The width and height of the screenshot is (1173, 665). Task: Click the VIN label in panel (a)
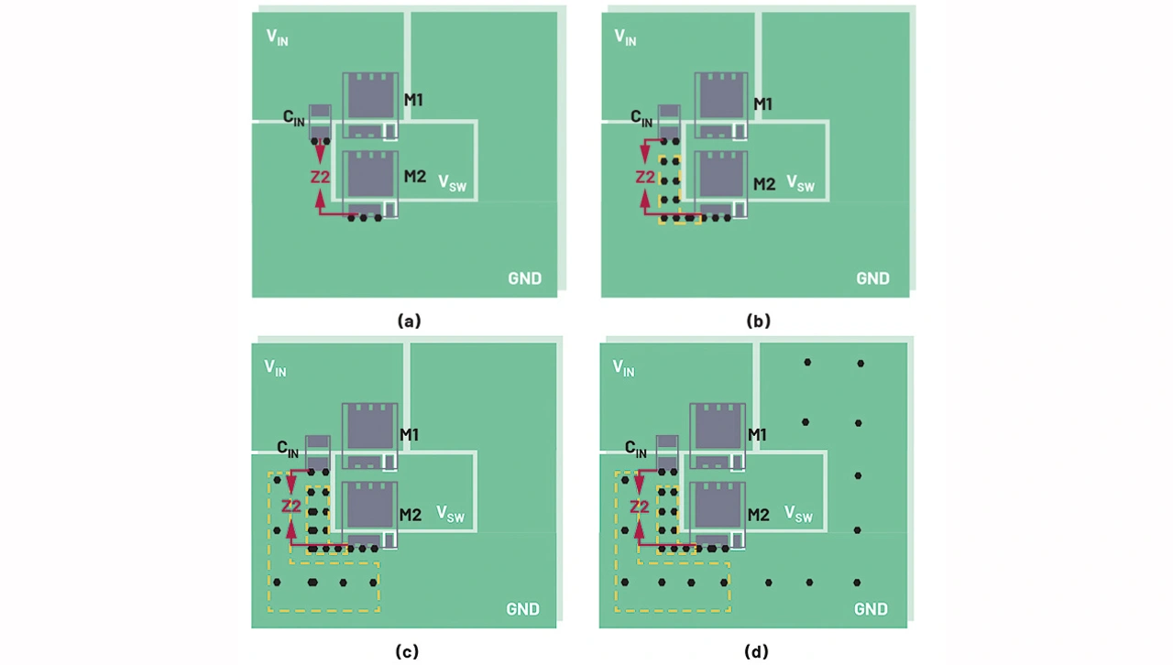[x=277, y=38]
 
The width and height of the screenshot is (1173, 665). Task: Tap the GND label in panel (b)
[x=872, y=278]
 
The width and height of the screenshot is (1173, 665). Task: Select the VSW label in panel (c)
[x=450, y=514]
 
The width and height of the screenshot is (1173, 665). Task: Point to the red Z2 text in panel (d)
[x=639, y=507]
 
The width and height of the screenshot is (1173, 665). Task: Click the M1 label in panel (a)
[x=413, y=100]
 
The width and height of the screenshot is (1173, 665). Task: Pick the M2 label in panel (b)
[x=764, y=184]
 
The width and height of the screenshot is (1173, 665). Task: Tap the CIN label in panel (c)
[x=288, y=449]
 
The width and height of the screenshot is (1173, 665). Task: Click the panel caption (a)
[x=409, y=321]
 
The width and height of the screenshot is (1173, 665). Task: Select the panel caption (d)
[x=756, y=651]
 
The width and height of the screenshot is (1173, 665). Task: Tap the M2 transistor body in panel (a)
[x=370, y=184]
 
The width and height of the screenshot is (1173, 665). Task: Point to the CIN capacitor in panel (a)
[x=320, y=123]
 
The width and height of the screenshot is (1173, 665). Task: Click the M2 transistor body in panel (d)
[x=718, y=516]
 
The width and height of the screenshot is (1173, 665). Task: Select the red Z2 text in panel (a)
[x=320, y=177]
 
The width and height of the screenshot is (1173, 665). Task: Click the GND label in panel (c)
[x=522, y=609]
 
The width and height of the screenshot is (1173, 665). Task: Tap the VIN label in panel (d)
[x=623, y=368]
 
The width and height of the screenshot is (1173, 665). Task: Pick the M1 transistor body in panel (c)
[x=369, y=437]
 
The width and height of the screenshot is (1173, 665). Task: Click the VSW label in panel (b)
[x=800, y=183]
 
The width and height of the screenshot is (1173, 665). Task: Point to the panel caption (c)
[x=407, y=651]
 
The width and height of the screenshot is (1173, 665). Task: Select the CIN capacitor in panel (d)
[x=667, y=453]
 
